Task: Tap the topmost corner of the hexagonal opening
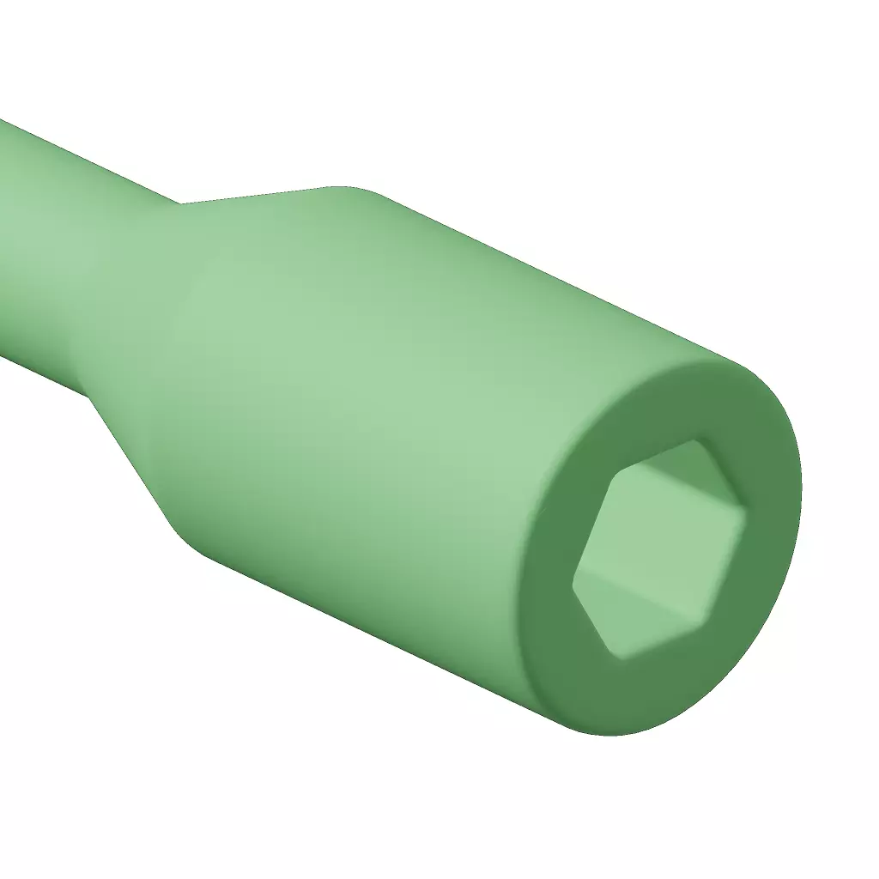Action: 694,441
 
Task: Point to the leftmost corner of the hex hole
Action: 574,587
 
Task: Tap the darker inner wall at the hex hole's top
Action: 678,464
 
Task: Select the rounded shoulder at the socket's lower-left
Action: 193,541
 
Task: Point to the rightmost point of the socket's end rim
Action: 802,481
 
